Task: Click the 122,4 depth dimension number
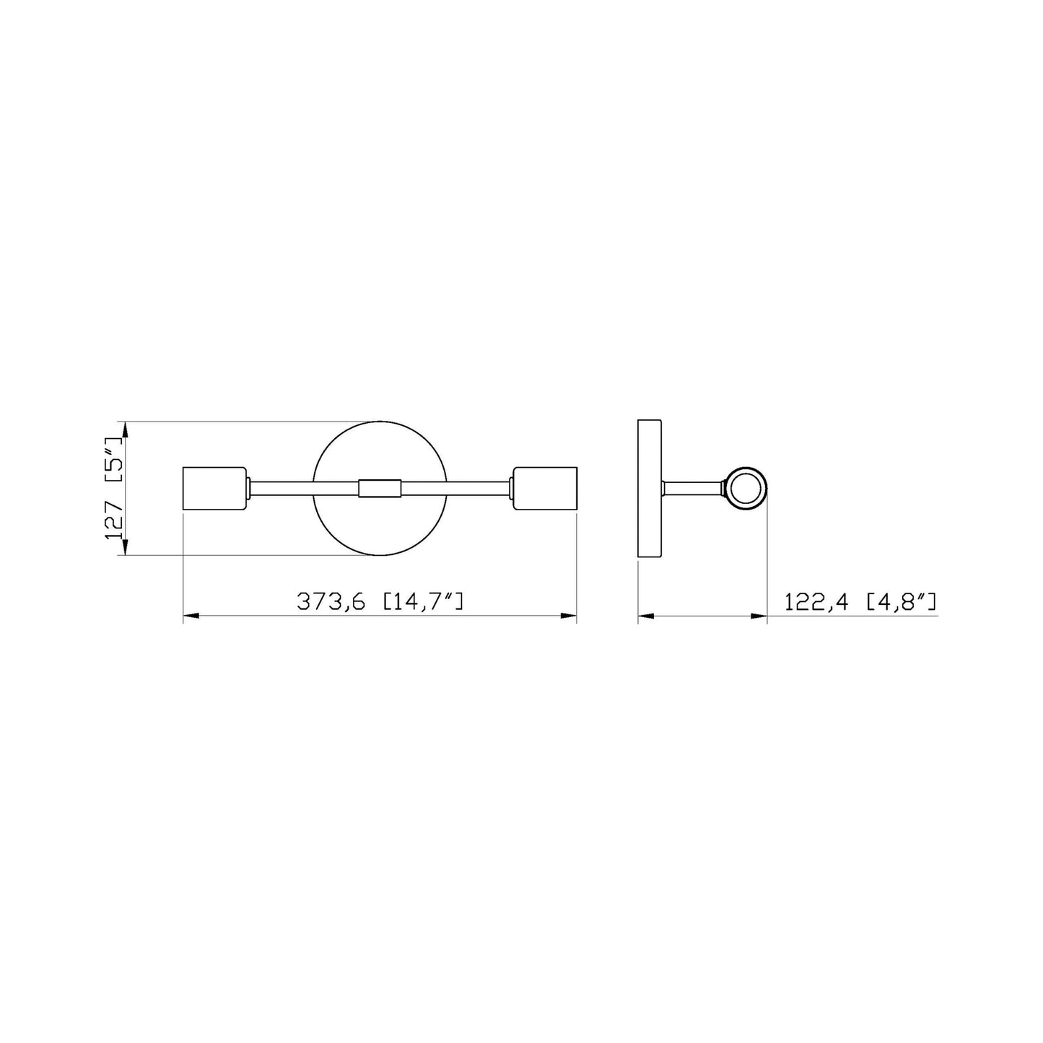tap(819, 601)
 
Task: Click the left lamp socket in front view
tap(214, 489)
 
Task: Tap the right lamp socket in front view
tap(546, 489)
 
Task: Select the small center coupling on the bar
tap(380, 489)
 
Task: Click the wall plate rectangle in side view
tap(650, 489)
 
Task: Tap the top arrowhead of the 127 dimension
tap(125, 430)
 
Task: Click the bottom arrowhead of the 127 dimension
tap(125, 547)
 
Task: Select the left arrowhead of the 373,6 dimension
tap(192, 616)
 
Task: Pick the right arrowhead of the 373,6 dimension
tap(569, 616)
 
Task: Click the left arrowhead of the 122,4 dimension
tap(646, 616)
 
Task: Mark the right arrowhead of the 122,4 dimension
tap(759, 616)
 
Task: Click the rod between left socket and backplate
tap(282, 489)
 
